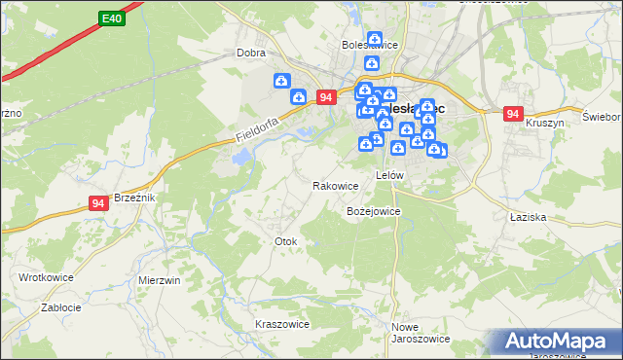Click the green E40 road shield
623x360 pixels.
pos(111,18)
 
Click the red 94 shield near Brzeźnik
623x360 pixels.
pos(98,202)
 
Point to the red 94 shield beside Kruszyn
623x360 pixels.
pos(514,114)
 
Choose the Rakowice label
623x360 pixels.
pos(335,185)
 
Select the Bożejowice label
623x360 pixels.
pos(374,210)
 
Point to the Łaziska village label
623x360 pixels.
pos(527,218)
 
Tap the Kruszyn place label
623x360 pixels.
pos(545,125)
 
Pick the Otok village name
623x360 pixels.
pos(285,240)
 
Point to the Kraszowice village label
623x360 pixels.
pos(281,324)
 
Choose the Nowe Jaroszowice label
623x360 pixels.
pos(420,333)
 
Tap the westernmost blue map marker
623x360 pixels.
pos(281,81)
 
